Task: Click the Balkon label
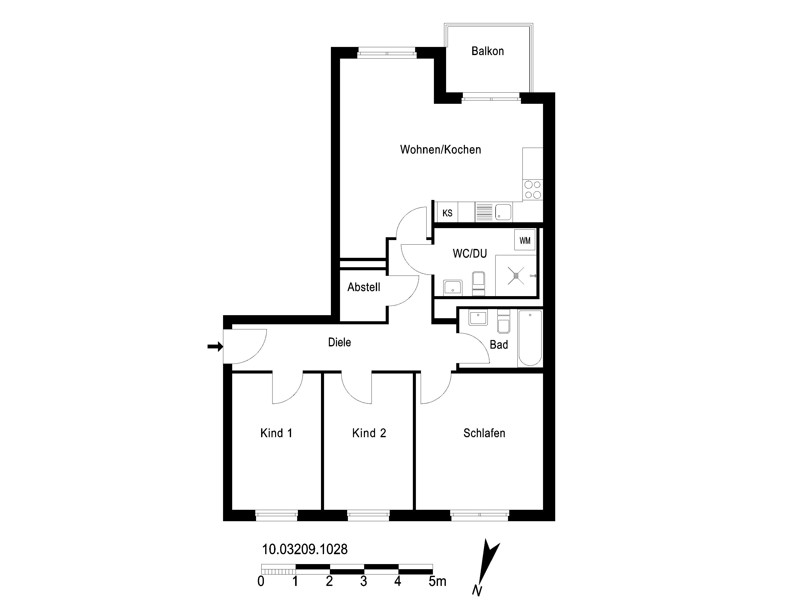(x=487, y=51)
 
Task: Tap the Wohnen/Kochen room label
(x=441, y=149)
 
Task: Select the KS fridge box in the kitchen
(x=447, y=213)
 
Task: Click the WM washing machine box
(x=525, y=241)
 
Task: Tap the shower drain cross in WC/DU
(x=516, y=276)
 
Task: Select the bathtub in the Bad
(x=530, y=338)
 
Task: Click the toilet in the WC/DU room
(x=478, y=283)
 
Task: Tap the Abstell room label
(x=364, y=287)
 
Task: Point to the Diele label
(x=340, y=342)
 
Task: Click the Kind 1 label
(x=276, y=433)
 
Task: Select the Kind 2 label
(x=369, y=433)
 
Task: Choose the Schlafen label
(x=484, y=433)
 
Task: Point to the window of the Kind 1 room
(x=276, y=515)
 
